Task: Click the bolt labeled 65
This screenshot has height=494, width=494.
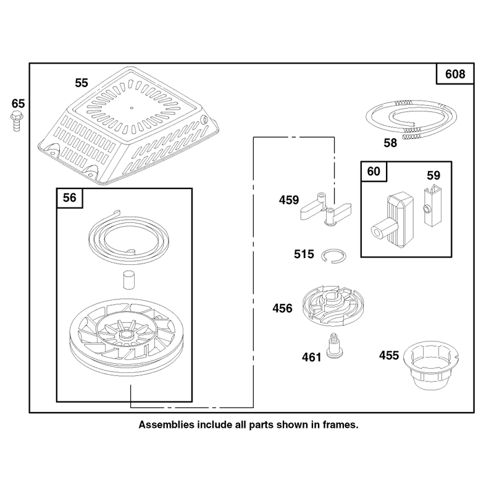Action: click(x=16, y=121)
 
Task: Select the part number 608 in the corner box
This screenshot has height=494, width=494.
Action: click(x=455, y=74)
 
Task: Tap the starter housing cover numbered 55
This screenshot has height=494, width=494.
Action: click(x=128, y=125)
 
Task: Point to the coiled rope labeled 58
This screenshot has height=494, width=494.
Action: click(x=411, y=119)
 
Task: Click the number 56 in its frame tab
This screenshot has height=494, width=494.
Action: click(x=69, y=198)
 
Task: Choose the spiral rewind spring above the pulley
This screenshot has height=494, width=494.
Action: click(x=128, y=237)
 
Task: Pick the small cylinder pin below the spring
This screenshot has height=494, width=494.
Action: click(x=129, y=279)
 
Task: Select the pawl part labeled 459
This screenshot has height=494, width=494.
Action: click(x=325, y=211)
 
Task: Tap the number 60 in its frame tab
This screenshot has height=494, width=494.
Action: click(x=374, y=172)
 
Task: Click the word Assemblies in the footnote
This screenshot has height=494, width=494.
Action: click(x=166, y=425)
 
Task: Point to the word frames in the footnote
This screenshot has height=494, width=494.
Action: click(x=340, y=425)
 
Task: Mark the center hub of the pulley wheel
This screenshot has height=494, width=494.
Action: click(x=127, y=335)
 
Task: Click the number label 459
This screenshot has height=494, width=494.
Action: click(x=288, y=200)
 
